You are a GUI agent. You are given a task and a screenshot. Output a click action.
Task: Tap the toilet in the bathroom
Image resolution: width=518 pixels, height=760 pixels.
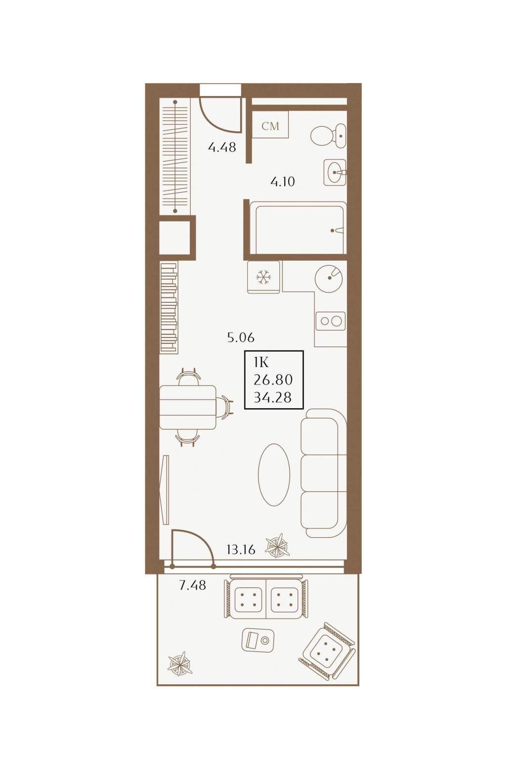(328, 136)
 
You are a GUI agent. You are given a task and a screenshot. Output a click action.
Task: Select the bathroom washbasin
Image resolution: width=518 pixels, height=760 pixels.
(335, 173)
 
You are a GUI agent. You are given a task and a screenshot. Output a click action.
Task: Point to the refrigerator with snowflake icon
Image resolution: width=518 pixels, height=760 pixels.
(263, 277)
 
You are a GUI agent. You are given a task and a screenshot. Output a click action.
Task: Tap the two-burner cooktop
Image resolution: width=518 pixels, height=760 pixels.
(331, 321)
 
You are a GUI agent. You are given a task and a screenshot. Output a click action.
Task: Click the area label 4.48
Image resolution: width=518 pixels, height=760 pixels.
(222, 147)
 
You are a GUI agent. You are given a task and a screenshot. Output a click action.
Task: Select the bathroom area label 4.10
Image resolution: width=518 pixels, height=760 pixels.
(283, 182)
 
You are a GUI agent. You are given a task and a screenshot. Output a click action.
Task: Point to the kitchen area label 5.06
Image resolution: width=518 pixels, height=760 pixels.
(241, 337)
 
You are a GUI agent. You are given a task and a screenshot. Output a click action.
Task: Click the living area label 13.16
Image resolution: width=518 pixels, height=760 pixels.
(241, 549)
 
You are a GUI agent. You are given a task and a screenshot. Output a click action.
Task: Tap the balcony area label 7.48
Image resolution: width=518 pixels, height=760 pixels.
(192, 585)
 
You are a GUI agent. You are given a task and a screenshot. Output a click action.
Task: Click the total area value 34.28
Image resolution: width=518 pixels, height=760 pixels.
(272, 397)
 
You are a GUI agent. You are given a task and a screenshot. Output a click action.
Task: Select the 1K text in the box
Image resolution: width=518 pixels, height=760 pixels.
(261, 363)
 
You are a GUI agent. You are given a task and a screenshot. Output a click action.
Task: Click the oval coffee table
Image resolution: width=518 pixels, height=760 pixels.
(274, 475)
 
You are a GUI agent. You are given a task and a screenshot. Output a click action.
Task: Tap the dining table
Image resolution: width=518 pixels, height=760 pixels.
(187, 408)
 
